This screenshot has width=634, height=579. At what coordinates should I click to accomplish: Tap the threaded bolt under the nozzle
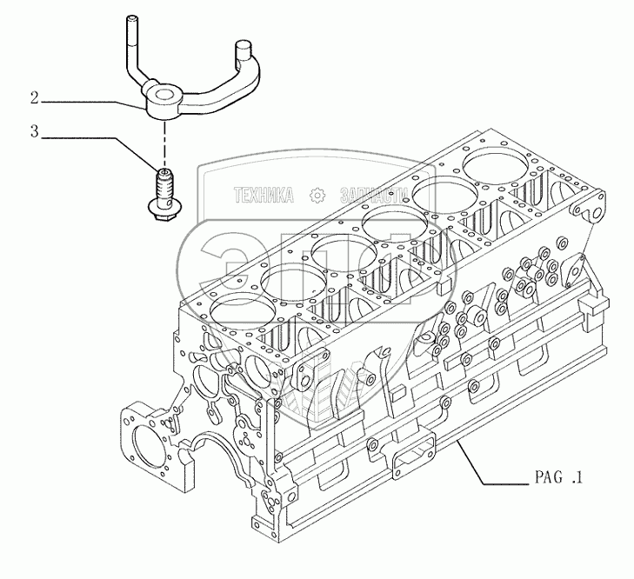[164, 185]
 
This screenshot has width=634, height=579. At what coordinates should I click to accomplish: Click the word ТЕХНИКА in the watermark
[261, 196]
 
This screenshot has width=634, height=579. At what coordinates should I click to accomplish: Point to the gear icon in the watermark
[317, 196]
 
